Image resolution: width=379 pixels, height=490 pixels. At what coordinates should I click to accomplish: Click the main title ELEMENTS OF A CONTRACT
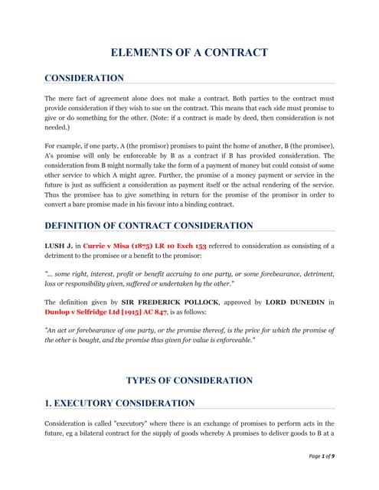tap(189, 52)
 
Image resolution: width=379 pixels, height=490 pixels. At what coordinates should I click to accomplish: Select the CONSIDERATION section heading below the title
tap(84, 78)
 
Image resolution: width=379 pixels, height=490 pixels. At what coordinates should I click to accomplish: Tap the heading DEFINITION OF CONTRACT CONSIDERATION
tap(149, 226)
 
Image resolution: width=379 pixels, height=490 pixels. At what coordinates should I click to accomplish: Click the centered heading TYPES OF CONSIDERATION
tap(189, 381)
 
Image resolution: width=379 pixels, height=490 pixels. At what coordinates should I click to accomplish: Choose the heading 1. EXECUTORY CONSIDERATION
tap(119, 403)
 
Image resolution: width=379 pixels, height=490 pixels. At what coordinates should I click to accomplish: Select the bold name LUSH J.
tap(58, 246)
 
